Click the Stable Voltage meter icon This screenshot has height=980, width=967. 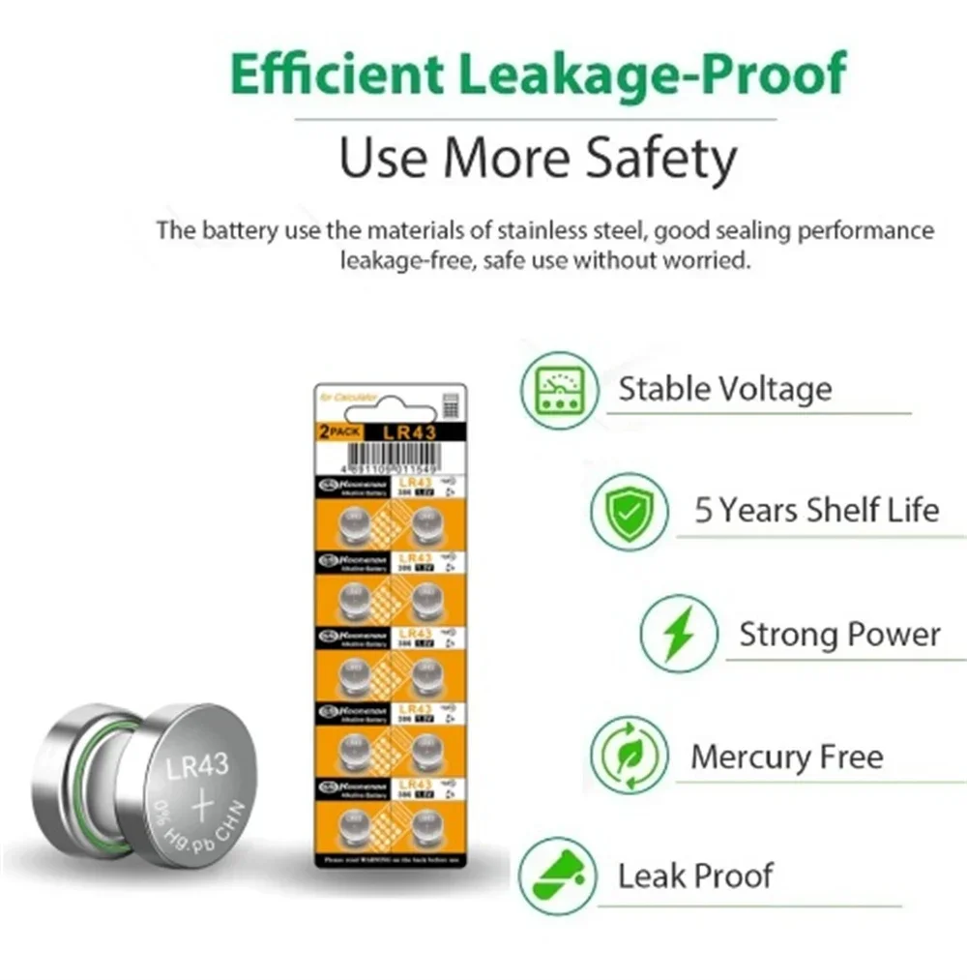[x=558, y=391]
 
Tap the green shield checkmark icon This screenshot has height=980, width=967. [x=629, y=511]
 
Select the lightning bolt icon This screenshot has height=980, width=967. [x=678, y=634]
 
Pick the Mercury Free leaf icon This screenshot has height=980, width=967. [x=629, y=756]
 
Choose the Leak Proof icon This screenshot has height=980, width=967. [x=557, y=876]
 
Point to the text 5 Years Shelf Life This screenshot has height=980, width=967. [x=816, y=510]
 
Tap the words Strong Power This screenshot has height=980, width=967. [x=839, y=635]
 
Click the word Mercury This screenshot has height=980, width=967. [x=746, y=756]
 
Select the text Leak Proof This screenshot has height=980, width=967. [x=695, y=876]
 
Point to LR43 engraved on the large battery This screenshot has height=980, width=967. [x=197, y=767]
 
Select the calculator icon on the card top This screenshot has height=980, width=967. [x=449, y=403]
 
